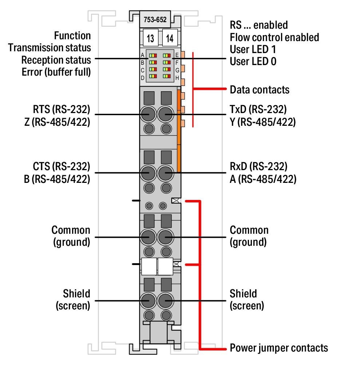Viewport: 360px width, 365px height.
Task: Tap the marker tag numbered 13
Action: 150,38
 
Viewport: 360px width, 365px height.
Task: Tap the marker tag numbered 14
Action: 169,38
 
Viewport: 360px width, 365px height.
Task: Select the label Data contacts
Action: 260,89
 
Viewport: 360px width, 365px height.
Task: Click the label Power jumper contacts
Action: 279,348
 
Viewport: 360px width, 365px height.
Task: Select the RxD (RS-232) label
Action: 258,167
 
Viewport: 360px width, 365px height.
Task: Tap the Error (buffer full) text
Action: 56,72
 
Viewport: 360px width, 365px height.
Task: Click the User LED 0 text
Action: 253,61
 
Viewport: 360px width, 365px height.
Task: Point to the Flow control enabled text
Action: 274,37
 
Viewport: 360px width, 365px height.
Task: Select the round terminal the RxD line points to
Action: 166,173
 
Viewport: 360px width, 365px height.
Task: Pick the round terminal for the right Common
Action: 166,237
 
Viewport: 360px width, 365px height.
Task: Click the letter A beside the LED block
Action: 143,56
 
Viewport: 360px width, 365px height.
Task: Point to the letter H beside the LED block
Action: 177,77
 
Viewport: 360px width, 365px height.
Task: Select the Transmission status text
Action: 50,48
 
